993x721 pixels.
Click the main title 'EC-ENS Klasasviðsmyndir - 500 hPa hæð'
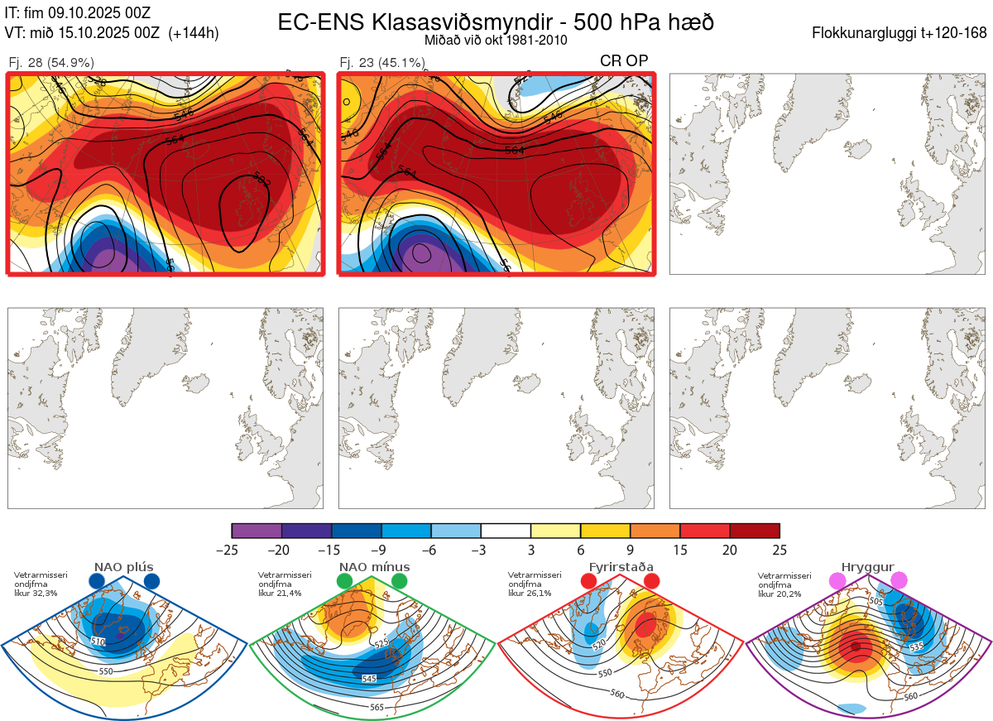pos(496,22)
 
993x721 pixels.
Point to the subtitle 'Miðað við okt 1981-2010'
pos(496,40)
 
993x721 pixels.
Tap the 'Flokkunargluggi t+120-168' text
pos(899,34)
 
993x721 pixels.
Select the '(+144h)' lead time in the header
pos(194,34)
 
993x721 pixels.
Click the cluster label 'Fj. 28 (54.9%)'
pos(51,62)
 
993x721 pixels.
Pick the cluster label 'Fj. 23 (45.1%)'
pos(382,62)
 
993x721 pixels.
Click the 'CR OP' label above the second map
pos(624,60)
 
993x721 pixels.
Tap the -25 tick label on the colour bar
pos(232,550)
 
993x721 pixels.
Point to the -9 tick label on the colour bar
pos(381,550)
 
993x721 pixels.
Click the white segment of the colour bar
pos(506,531)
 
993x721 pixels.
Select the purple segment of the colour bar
pos(257,531)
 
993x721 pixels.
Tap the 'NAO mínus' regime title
pos(374,567)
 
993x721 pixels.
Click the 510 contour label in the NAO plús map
pos(98,641)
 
